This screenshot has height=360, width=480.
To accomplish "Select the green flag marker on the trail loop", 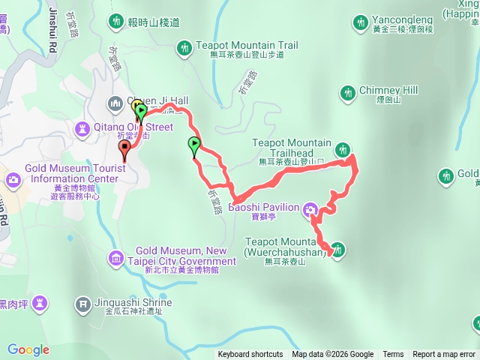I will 194,145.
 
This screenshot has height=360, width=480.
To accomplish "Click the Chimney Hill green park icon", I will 347,93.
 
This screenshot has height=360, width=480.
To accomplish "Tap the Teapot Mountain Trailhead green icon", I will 343,148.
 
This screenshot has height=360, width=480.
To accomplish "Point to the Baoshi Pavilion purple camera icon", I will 311,212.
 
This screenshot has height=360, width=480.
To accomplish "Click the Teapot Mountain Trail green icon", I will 184,49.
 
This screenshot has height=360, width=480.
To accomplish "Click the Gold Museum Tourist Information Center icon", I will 13,180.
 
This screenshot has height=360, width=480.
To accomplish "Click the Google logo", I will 28,349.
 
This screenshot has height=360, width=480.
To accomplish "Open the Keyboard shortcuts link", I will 250,355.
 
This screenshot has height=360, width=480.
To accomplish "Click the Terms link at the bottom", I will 393,355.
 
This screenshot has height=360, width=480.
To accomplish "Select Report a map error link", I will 444,355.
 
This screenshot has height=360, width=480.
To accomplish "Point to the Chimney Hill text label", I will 388,90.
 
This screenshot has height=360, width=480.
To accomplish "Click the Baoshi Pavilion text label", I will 263,207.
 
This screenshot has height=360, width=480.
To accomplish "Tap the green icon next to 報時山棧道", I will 116,22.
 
